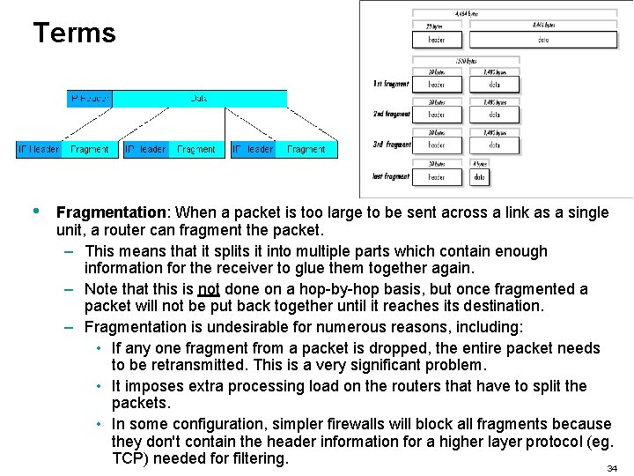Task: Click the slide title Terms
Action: (x=74, y=33)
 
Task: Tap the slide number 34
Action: (x=612, y=468)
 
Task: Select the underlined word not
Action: (x=209, y=289)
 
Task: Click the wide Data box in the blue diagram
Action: (x=199, y=99)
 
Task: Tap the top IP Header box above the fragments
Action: (x=89, y=99)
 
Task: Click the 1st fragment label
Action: (x=391, y=84)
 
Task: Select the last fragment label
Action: (x=391, y=176)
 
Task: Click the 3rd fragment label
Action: (x=392, y=145)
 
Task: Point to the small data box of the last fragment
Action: (x=479, y=177)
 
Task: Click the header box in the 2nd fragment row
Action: (x=437, y=115)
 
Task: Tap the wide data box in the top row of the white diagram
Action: (x=542, y=40)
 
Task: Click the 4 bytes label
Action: (x=479, y=163)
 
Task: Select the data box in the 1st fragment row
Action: (x=494, y=85)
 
